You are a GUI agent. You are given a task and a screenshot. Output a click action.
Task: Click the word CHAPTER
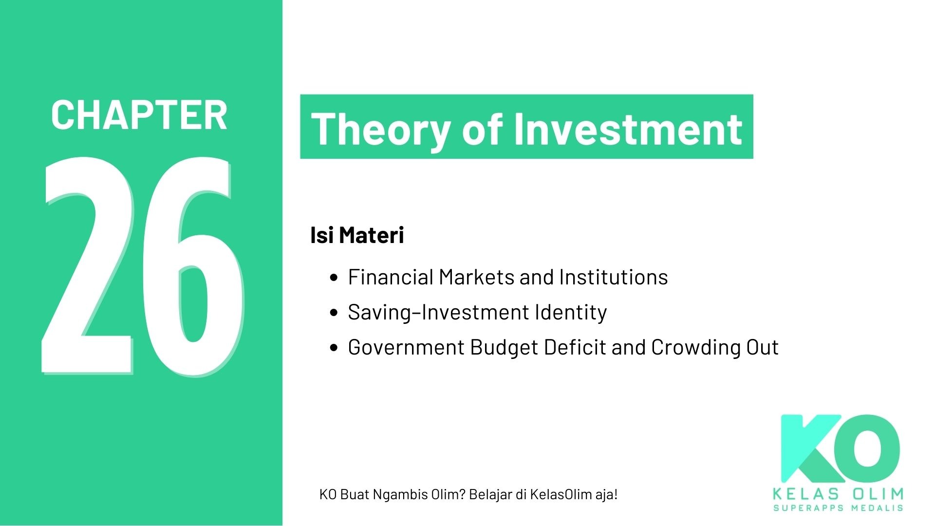click(139, 115)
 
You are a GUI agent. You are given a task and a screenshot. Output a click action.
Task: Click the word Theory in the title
click(380, 129)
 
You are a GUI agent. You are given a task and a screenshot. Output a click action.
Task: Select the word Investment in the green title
click(628, 129)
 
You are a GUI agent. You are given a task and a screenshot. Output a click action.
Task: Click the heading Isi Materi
click(357, 235)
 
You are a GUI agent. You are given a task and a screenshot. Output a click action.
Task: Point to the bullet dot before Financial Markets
click(334, 278)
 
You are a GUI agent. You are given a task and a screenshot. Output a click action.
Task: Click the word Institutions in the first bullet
click(613, 277)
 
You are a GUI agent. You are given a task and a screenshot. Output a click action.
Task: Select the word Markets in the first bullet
click(476, 277)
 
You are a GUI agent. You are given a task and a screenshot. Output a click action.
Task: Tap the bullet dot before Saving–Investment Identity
click(334, 313)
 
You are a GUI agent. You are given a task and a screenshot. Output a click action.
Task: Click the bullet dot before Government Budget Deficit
click(334, 348)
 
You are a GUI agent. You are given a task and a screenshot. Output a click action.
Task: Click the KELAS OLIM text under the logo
click(838, 494)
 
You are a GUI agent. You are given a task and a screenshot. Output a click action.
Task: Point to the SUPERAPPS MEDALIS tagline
click(838, 508)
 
